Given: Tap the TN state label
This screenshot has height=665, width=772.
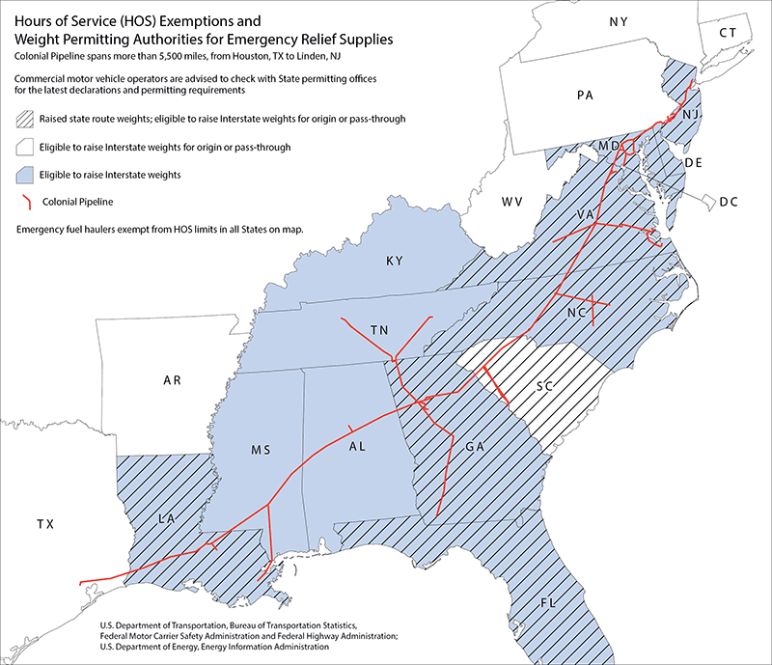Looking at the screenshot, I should (x=380, y=331).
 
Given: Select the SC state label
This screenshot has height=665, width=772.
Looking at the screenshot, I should (x=544, y=387).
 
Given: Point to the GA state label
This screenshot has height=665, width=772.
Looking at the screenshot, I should (x=474, y=448).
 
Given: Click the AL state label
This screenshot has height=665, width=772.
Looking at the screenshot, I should (x=357, y=448).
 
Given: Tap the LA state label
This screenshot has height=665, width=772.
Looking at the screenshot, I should (x=165, y=519).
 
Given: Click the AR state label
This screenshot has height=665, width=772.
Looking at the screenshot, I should (x=173, y=381).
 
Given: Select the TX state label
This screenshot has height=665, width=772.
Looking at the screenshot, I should (x=45, y=524).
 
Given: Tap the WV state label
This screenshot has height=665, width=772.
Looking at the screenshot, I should (x=511, y=202).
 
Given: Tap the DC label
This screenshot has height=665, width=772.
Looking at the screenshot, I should (x=729, y=202).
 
